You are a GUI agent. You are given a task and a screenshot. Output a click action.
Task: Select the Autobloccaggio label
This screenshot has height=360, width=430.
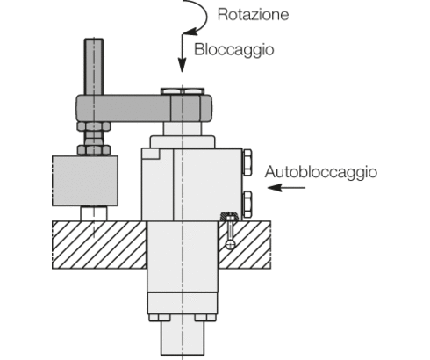320,171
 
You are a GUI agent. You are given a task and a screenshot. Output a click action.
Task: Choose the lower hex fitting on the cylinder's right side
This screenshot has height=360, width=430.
247,200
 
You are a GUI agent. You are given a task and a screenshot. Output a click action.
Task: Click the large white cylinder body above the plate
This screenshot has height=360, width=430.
189,183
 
